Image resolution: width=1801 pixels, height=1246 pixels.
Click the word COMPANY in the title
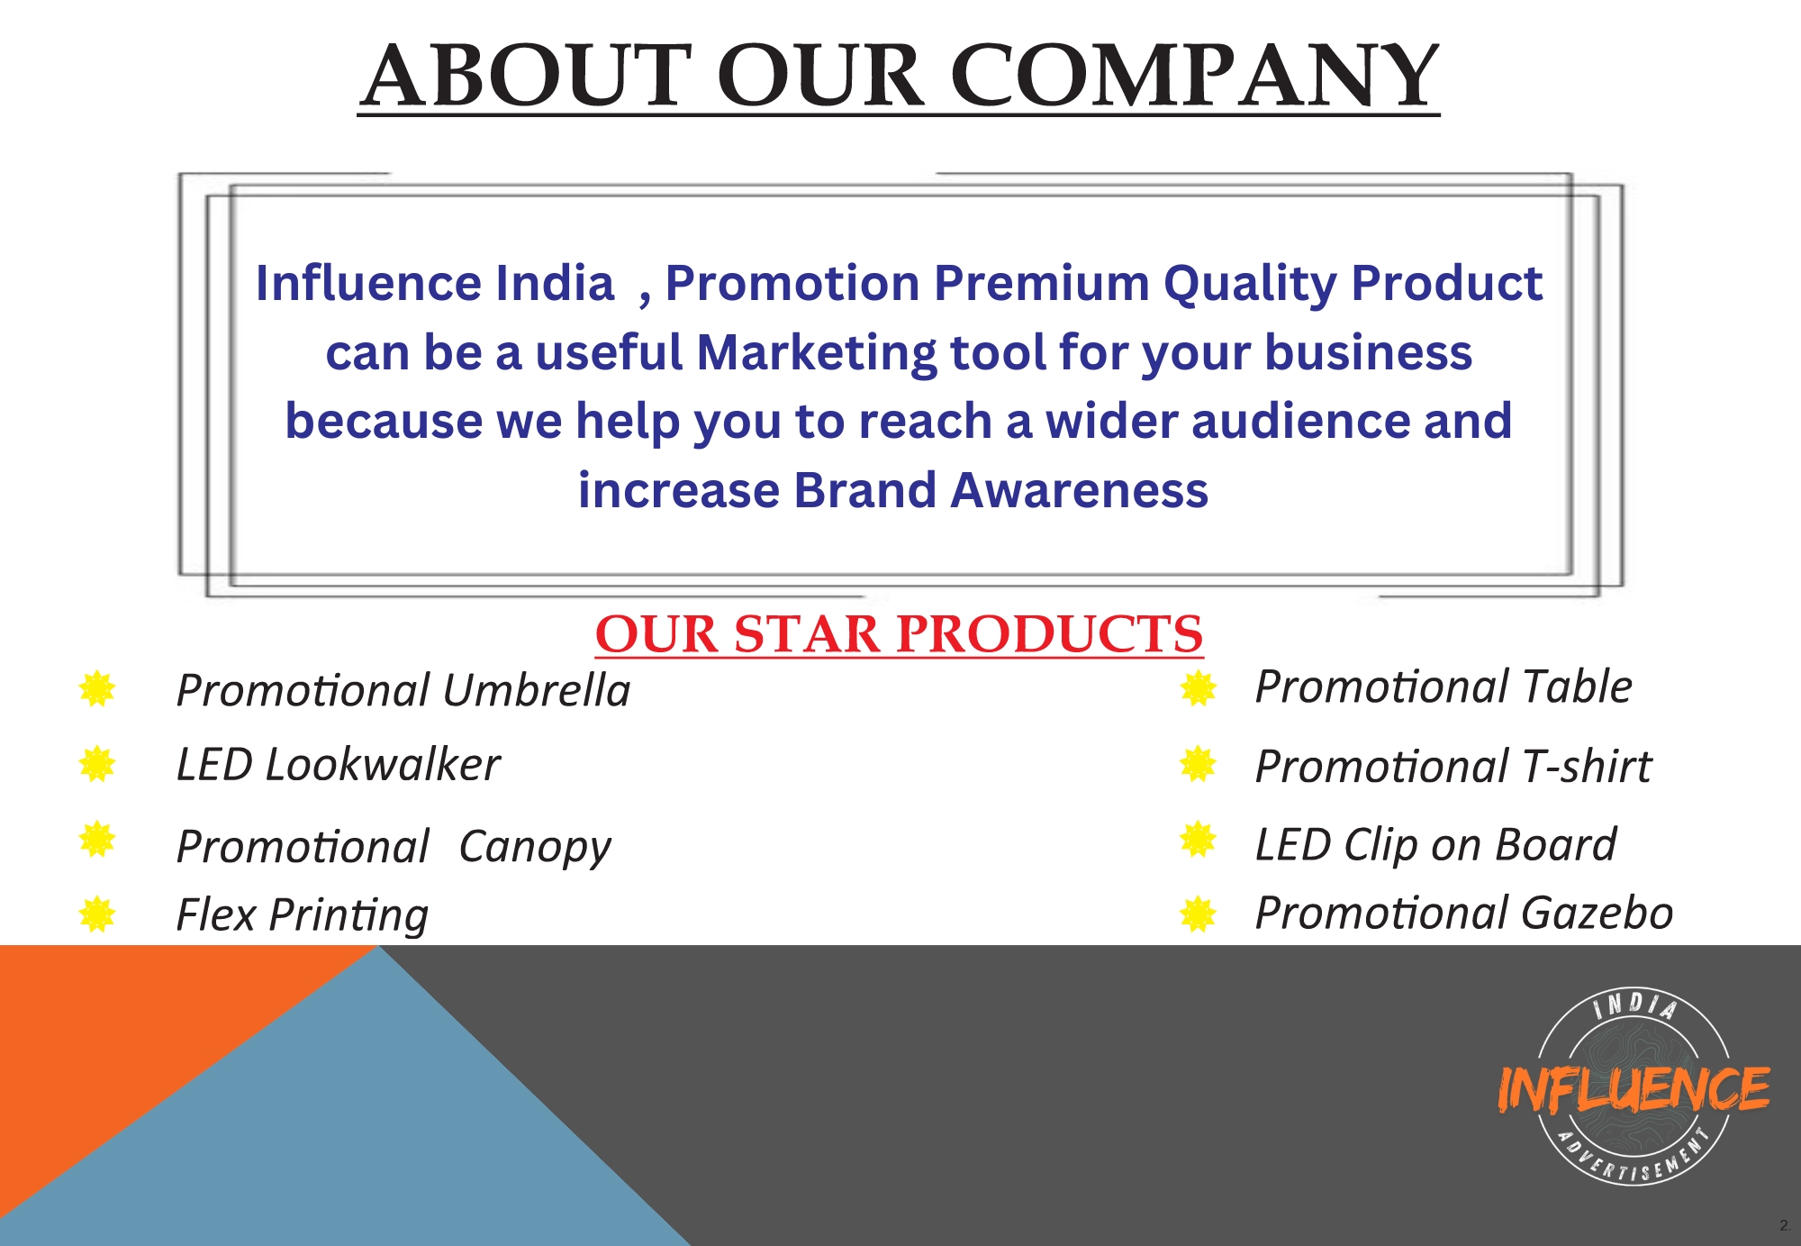pyautogui.click(x=1195, y=75)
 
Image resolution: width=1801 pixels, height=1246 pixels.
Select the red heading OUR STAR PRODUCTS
pyautogui.click(x=899, y=633)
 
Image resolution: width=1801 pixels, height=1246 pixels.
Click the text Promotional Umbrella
pyautogui.click(x=403, y=690)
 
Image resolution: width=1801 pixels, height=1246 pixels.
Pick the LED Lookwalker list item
pyautogui.click(x=338, y=765)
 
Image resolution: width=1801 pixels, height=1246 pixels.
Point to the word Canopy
pyautogui.click(x=535, y=848)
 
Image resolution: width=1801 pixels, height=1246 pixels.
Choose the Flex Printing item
pyautogui.click(x=303, y=915)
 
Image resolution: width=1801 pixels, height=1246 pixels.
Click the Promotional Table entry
pyautogui.click(x=1444, y=687)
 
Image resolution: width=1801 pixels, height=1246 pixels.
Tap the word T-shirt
pyautogui.click(x=1587, y=767)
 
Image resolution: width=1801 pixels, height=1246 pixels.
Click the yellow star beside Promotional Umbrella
pyautogui.click(x=97, y=689)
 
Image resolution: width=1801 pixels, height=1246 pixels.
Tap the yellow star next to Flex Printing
pyautogui.click(x=97, y=914)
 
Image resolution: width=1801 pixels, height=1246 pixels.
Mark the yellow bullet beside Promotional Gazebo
pyautogui.click(x=1199, y=914)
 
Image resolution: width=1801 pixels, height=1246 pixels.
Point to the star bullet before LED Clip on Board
pyautogui.click(x=1199, y=840)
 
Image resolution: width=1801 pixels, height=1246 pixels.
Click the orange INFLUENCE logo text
pyautogui.click(x=1634, y=1088)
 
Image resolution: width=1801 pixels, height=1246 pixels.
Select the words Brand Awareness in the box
pyautogui.click(x=1000, y=490)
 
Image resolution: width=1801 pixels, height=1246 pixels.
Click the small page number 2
pyautogui.click(x=1784, y=1225)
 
